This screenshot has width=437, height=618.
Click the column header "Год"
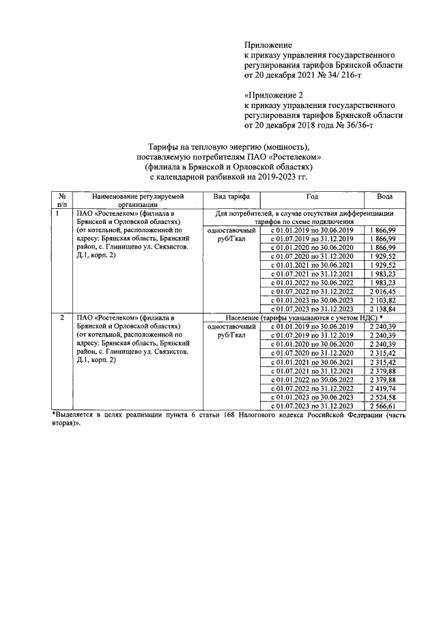[x=312, y=196]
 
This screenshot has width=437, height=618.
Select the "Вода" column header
[x=384, y=196]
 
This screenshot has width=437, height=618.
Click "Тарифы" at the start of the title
[x=164, y=146]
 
